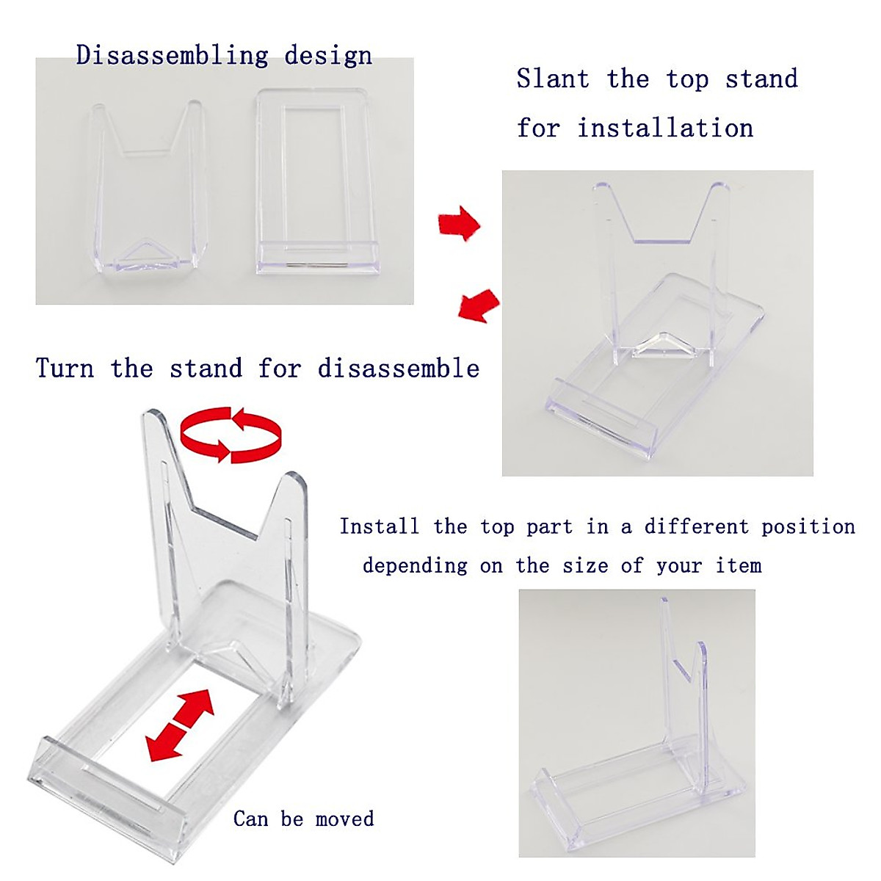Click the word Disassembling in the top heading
pos(173,56)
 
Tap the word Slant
pos(553,79)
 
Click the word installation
pos(665,128)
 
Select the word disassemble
pos(399,368)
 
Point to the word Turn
pos(65,368)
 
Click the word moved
pos(344,819)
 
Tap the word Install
pos(379,526)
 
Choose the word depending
pos(415,566)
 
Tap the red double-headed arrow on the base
pos(180,725)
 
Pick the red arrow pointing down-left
pos(478,304)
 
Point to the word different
pos(696,526)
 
